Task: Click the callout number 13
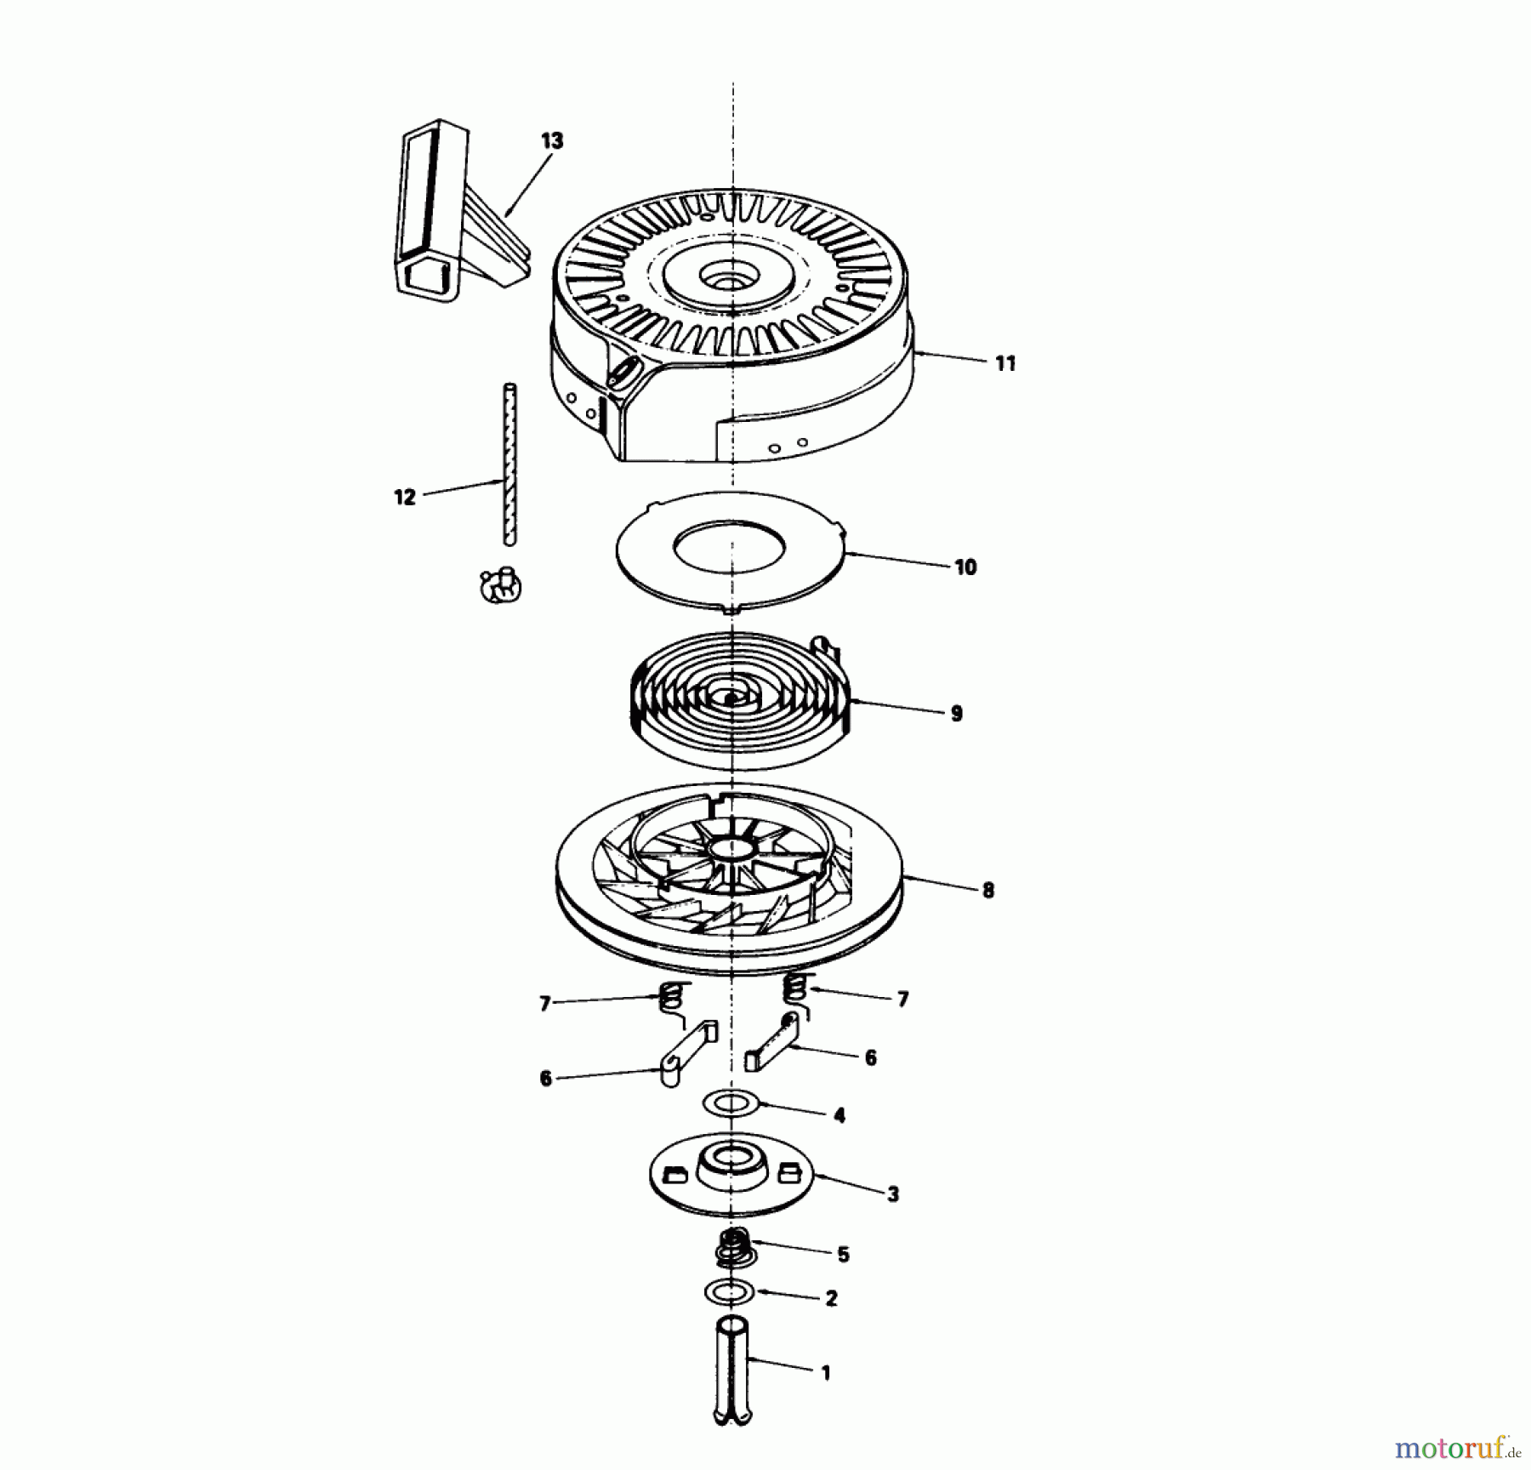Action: click(x=552, y=141)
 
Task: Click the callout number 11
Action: click(x=1005, y=364)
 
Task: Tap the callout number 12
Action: click(x=405, y=497)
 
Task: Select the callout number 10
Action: click(x=965, y=567)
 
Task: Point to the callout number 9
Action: click(x=956, y=714)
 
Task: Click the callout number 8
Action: click(x=987, y=891)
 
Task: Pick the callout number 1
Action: click(x=825, y=1373)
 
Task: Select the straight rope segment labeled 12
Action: click(x=509, y=464)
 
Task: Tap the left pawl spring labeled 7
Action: click(x=674, y=998)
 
